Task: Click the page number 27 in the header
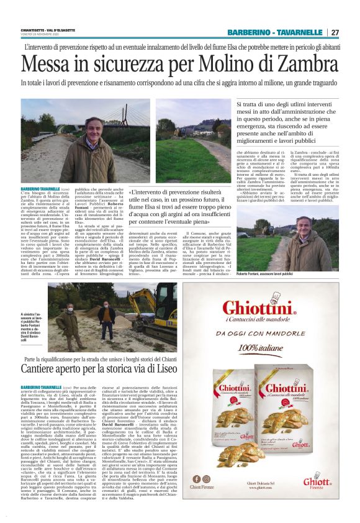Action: point(335,32)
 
